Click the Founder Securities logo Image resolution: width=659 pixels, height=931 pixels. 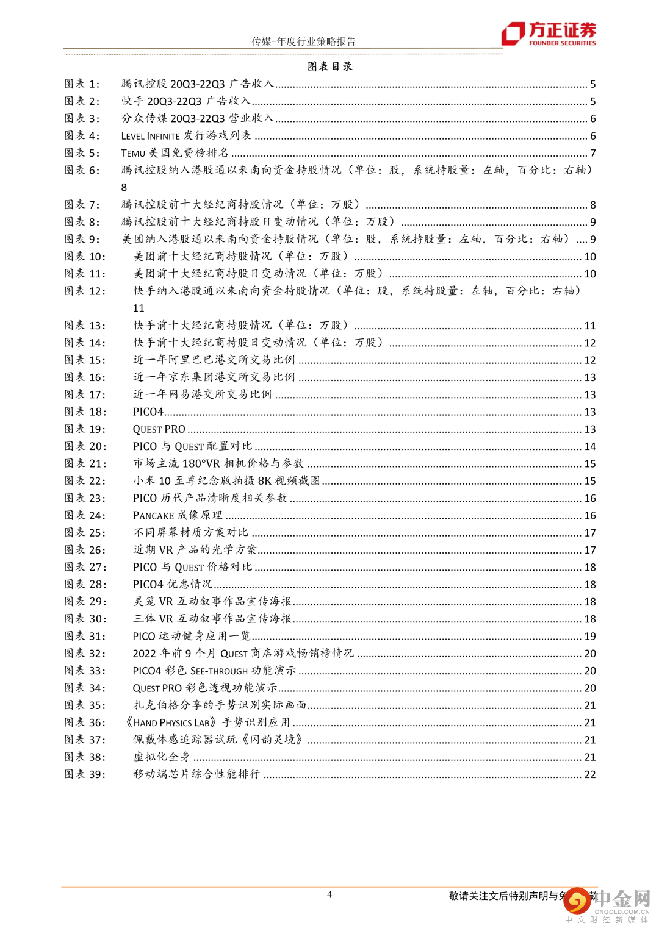point(549,34)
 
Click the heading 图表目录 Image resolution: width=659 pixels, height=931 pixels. point(329,66)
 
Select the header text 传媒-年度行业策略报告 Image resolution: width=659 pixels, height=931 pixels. point(303,41)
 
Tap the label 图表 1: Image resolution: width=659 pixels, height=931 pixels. point(82,84)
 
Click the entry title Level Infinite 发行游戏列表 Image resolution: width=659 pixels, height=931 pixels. point(186,136)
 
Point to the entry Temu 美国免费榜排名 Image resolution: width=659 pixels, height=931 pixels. point(175,153)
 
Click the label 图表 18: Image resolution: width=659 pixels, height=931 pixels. point(85,412)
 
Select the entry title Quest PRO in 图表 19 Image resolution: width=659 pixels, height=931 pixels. point(159,429)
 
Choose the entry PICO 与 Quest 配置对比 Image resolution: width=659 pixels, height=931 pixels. point(192,446)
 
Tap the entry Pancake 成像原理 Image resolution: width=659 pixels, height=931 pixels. point(178,516)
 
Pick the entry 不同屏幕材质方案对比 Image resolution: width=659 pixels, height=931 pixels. point(191,533)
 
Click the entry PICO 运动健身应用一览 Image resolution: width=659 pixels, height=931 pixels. point(192,637)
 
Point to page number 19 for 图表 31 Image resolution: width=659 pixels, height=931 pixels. point(590,637)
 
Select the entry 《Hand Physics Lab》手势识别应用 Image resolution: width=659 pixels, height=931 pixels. point(207,723)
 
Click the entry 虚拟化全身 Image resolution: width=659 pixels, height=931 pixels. point(162,757)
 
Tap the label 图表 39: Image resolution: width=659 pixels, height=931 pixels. point(85,774)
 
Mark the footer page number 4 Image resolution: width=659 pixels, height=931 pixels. point(329,895)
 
